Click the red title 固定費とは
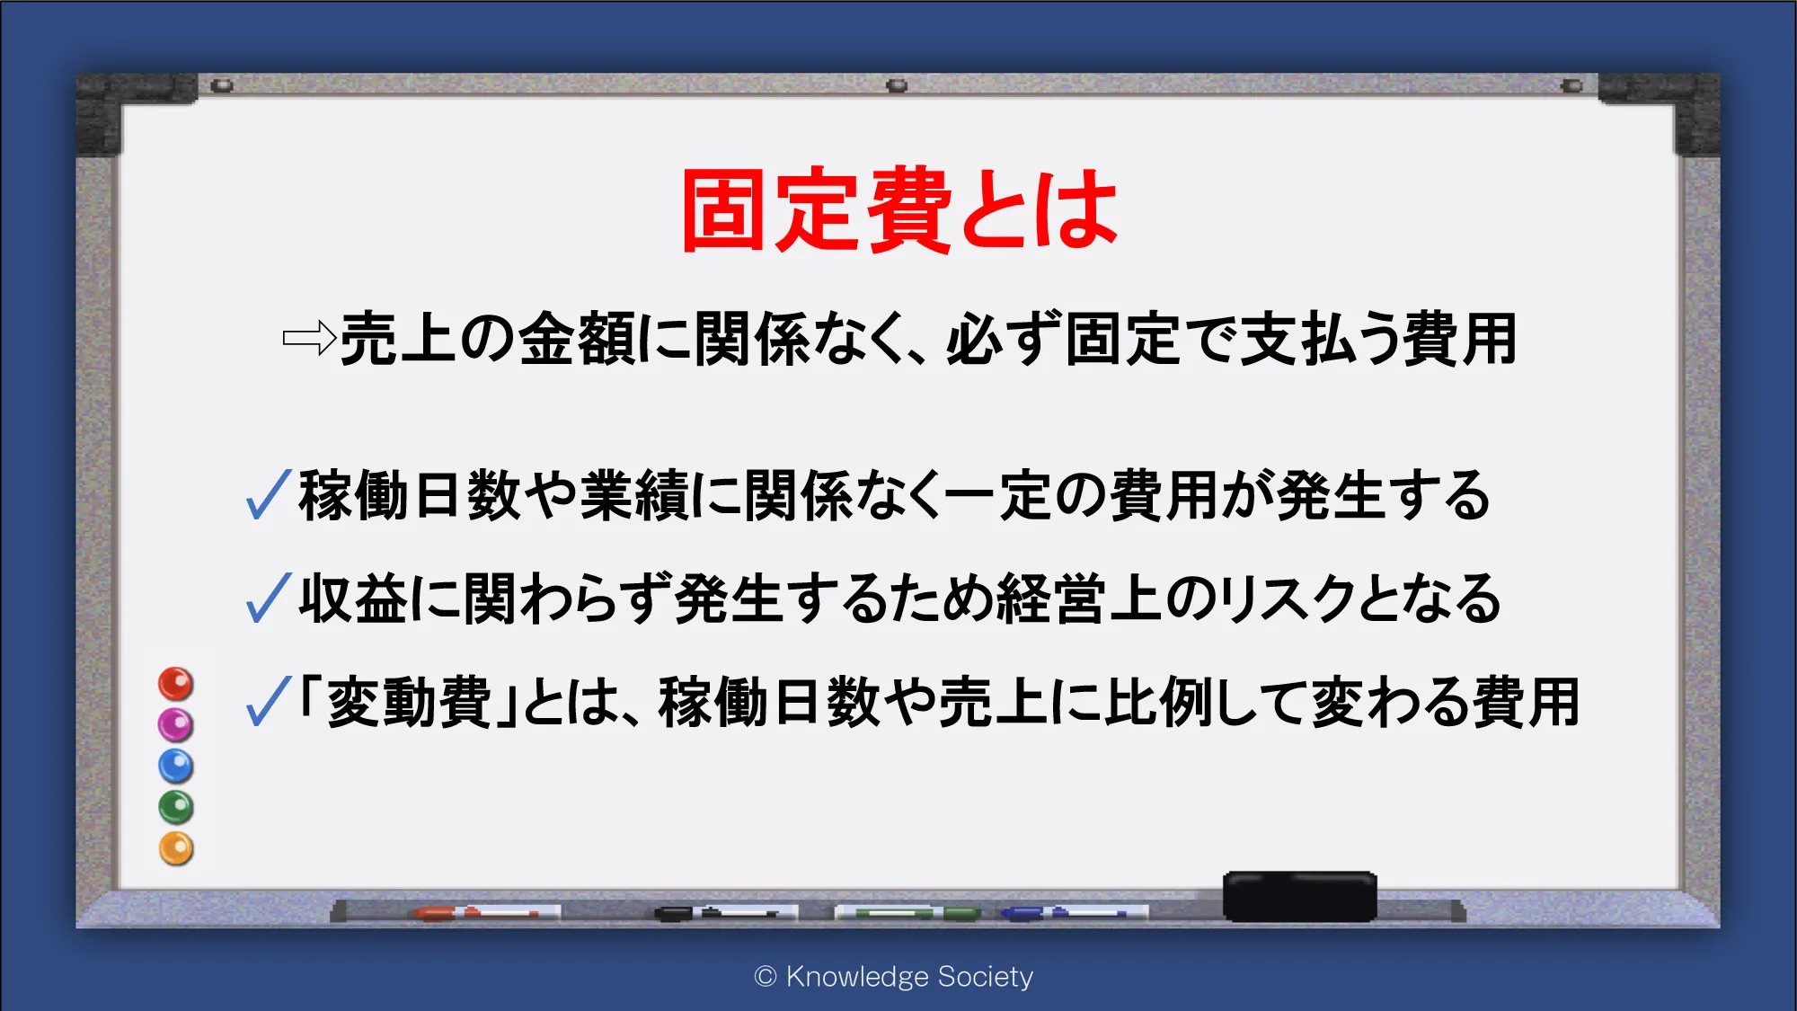coord(899,210)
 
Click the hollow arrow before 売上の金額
coord(309,339)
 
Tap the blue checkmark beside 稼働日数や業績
coord(268,495)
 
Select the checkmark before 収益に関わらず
coord(268,599)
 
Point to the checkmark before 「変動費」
coord(268,701)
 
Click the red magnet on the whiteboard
coord(176,684)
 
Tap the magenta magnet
coord(176,724)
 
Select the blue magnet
coord(176,766)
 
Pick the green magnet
coord(176,807)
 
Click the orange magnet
coord(176,848)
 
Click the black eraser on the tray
coord(1299,896)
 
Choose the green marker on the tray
coord(907,914)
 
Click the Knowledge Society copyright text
coord(894,977)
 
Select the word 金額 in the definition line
coord(577,340)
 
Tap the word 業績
coord(634,496)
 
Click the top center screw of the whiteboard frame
coord(897,86)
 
